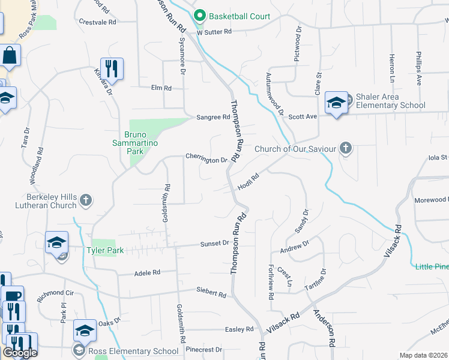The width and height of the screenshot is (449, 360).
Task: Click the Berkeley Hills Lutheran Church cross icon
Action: coord(86,200)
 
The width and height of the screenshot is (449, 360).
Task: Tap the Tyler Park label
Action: coord(105,250)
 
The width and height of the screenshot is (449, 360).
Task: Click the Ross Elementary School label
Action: coord(133,351)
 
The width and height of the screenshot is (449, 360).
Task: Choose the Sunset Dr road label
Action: coord(215,244)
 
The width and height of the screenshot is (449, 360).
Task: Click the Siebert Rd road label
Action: coord(211,295)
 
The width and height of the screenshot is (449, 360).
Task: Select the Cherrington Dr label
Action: coord(206,160)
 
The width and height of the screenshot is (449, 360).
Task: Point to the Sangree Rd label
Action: coord(213,118)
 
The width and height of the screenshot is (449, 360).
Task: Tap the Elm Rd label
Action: coord(161,88)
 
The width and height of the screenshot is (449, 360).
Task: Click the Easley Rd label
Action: coord(240,329)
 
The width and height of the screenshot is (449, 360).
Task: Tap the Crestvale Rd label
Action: coord(97,21)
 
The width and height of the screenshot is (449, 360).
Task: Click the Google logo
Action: coord(20,353)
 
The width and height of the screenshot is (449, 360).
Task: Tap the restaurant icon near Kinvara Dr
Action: coord(112,68)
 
